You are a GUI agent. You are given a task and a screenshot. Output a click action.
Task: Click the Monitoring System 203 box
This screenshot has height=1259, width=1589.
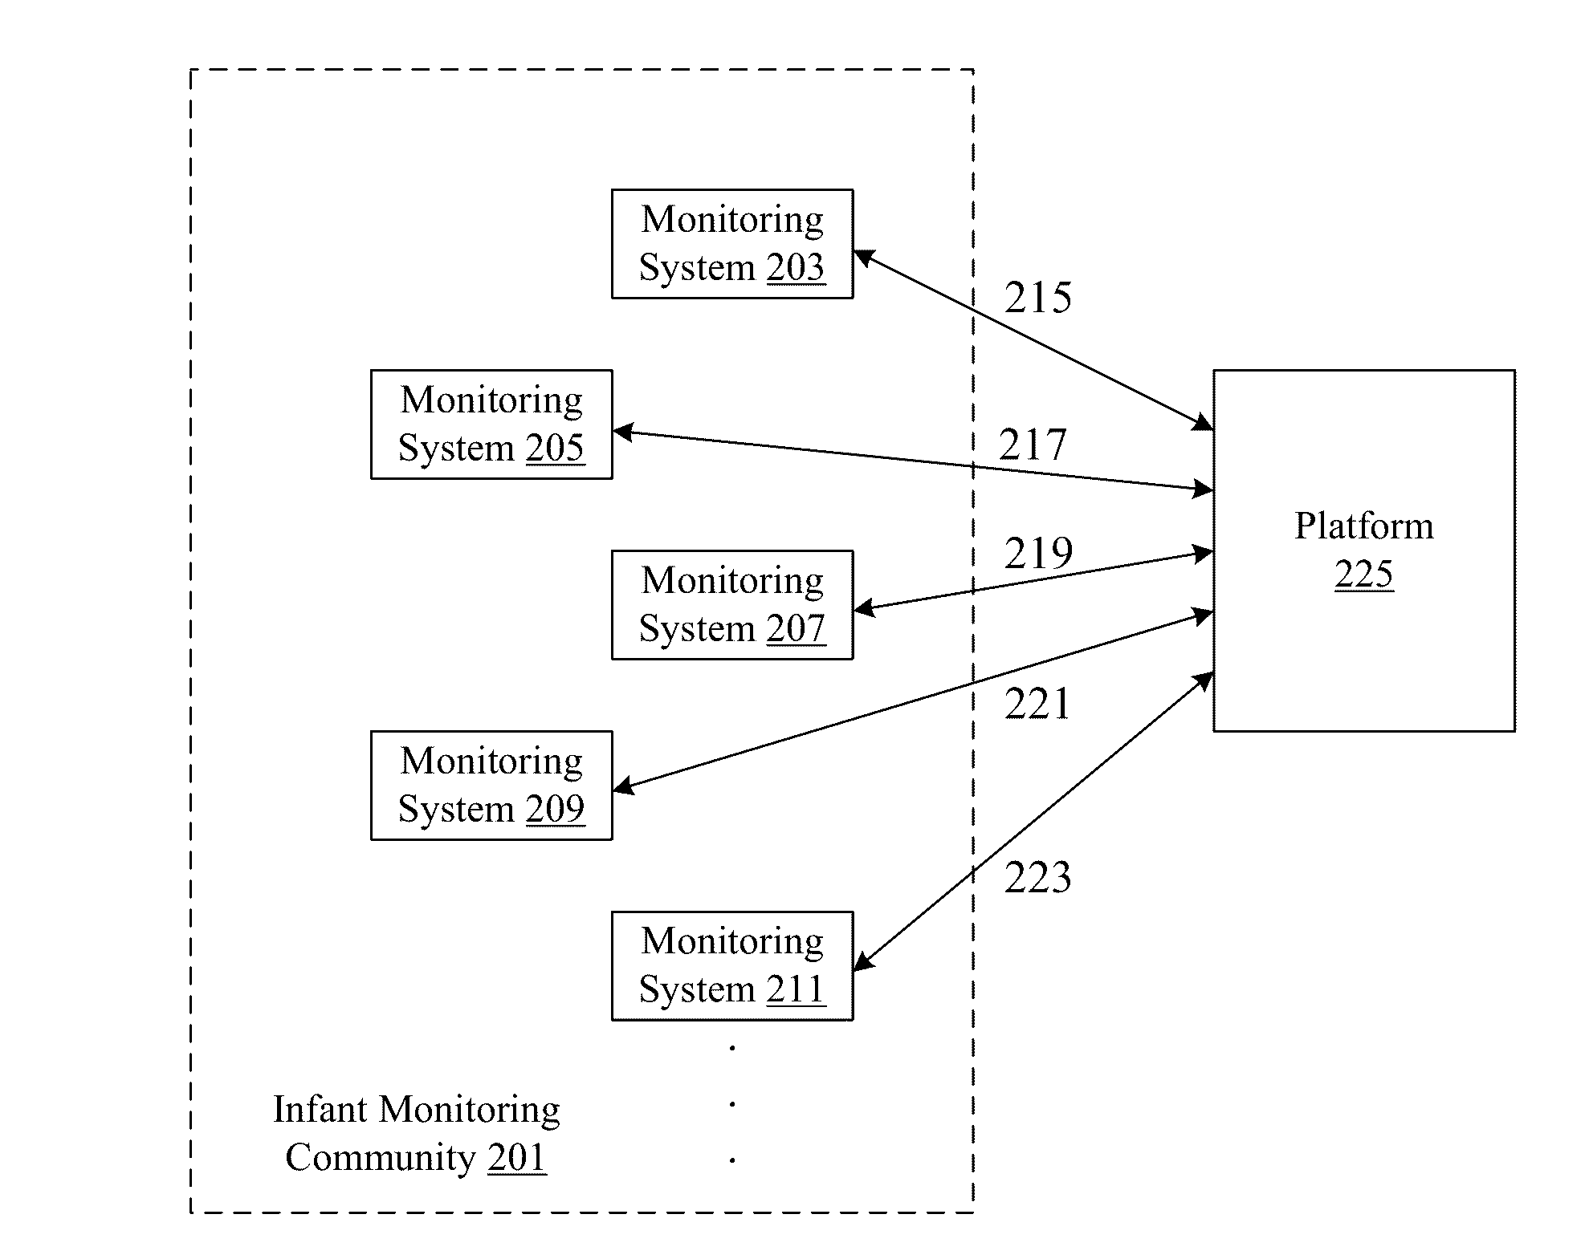[x=732, y=244]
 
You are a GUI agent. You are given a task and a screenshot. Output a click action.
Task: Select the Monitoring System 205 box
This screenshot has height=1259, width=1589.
[x=491, y=424]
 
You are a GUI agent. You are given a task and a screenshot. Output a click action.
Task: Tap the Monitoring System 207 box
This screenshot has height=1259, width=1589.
[x=732, y=605]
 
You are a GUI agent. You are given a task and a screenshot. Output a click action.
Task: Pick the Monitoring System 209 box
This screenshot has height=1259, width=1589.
[x=491, y=786]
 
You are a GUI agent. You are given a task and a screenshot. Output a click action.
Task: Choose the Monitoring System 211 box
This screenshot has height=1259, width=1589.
[x=732, y=966]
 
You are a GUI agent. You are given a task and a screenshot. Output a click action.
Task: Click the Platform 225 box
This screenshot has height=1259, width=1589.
[x=1364, y=550]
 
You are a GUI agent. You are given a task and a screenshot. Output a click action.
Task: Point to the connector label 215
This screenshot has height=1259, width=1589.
[x=1037, y=298]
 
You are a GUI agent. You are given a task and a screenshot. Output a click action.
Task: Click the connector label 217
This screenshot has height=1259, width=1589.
[x=1033, y=445]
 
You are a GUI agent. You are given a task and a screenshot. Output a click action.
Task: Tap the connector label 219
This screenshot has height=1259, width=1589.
[x=1038, y=553]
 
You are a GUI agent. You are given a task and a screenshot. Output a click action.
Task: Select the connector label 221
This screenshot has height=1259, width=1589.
[x=1037, y=705]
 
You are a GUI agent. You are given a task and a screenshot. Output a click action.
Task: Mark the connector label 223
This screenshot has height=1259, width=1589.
[x=1037, y=877]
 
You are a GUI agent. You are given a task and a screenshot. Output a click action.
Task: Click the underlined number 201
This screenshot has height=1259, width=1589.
[x=517, y=1157]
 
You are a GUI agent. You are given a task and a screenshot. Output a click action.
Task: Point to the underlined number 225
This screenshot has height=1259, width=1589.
[x=1364, y=575]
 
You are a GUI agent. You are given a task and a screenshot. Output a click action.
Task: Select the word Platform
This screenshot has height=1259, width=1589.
[x=1364, y=526]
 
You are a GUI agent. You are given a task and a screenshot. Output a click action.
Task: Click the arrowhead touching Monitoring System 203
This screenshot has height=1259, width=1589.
[x=863, y=256]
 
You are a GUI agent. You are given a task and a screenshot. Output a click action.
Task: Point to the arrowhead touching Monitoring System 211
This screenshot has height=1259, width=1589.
[x=863, y=962]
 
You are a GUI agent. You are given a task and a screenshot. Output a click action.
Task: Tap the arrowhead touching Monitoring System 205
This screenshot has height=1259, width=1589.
[x=623, y=433]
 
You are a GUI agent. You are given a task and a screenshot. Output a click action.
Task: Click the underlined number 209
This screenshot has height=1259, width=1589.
[x=556, y=809]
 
